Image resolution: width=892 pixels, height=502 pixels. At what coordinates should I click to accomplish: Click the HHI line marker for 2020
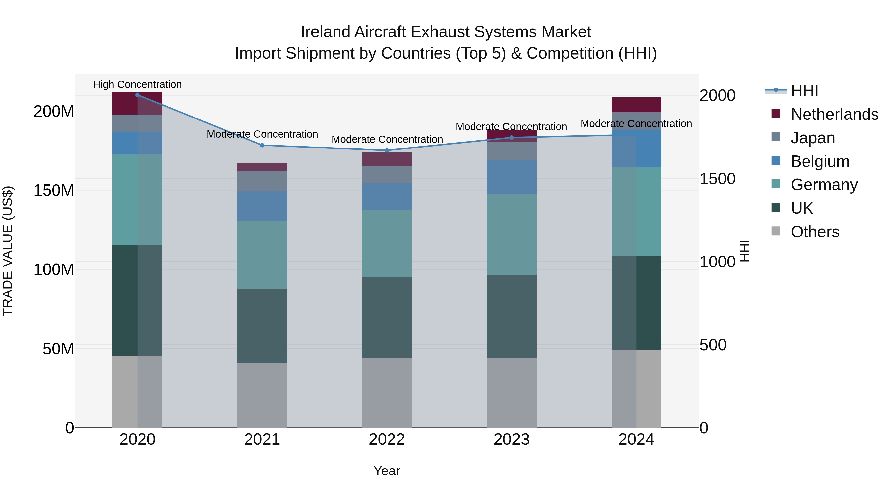click(x=138, y=95)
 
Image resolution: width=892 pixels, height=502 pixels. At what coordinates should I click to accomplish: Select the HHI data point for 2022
click(x=387, y=150)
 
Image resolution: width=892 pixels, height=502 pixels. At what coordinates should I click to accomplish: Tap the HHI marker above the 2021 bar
click(x=262, y=145)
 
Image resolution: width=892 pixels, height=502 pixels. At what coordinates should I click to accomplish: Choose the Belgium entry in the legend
click(x=820, y=161)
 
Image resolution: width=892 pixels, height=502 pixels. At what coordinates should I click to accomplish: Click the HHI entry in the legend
click(x=804, y=91)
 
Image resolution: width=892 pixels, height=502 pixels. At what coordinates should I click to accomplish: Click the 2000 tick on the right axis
click(x=717, y=96)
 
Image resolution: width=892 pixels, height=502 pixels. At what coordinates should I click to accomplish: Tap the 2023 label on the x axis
click(x=511, y=440)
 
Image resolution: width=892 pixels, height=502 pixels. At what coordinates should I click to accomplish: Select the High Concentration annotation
click(x=138, y=84)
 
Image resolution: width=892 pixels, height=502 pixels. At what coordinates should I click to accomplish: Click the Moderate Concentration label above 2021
click(x=262, y=134)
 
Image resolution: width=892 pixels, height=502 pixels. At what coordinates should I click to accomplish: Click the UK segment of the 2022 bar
click(x=387, y=317)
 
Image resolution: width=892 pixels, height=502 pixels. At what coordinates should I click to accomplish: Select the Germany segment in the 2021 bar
click(x=262, y=255)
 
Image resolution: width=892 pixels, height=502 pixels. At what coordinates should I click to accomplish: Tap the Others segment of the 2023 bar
click(x=511, y=392)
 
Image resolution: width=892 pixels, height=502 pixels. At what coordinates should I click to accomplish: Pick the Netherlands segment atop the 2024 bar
click(x=636, y=105)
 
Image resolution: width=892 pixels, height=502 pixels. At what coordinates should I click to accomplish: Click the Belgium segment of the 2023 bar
click(x=511, y=177)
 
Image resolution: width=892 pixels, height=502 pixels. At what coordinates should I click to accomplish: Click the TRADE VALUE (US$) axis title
click(x=8, y=251)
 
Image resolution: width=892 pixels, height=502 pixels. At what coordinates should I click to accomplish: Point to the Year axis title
click(x=387, y=471)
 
